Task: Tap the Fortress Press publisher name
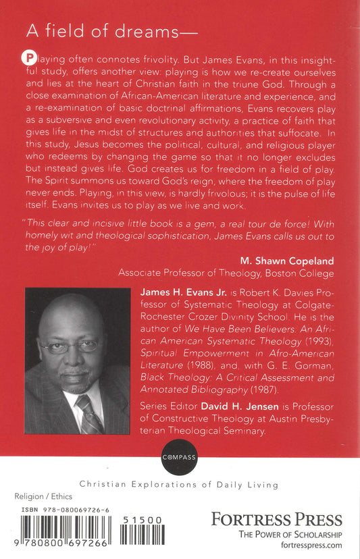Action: point(276,519)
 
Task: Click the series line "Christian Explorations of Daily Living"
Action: point(179,484)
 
